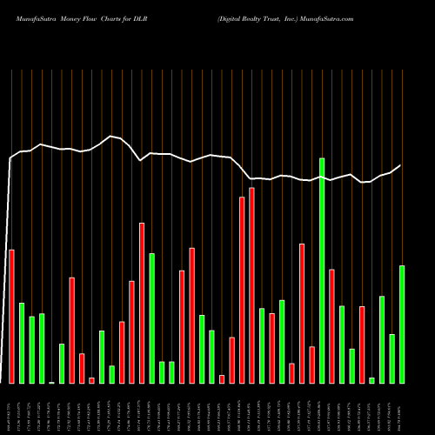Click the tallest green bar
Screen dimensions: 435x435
point(322,271)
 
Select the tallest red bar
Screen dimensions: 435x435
point(252,285)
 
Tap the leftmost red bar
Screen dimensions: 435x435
point(11,317)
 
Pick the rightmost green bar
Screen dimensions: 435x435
point(402,324)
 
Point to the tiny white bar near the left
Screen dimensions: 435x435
point(51,382)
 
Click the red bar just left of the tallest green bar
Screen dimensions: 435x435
point(311,365)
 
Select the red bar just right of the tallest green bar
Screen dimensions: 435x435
point(331,326)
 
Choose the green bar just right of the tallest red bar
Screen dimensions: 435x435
point(262,345)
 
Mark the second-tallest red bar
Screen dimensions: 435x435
point(242,290)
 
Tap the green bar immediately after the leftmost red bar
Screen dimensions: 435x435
point(22,343)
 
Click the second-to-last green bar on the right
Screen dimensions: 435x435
point(391,358)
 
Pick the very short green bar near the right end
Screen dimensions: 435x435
point(371,380)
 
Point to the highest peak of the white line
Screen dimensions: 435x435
point(110,136)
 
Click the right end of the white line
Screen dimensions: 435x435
point(401,165)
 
